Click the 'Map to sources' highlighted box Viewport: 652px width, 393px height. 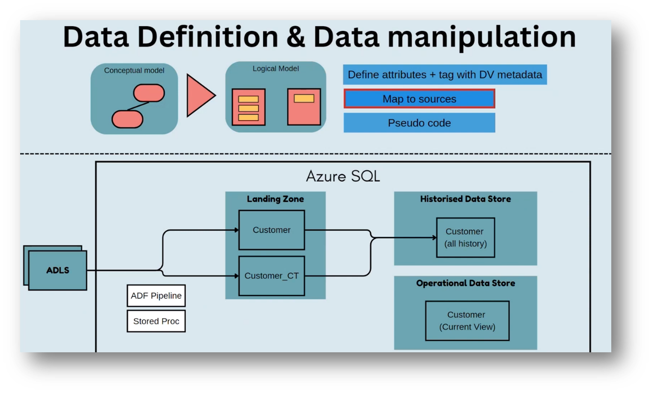point(419,99)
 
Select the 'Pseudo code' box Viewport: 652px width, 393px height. point(419,123)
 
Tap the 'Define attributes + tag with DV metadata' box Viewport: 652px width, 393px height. point(445,75)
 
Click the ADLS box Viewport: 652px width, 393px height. point(57,270)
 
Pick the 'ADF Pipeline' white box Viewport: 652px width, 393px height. point(156,296)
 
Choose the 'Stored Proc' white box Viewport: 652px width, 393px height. point(156,321)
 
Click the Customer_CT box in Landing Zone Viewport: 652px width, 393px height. point(271,276)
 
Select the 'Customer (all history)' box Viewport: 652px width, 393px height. point(466,237)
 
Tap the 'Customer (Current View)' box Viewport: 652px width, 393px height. point(467,321)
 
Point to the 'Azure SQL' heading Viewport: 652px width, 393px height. point(343,176)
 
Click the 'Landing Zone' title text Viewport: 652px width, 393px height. point(275,199)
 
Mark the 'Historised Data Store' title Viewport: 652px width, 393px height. point(466,199)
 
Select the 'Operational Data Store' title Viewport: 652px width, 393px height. point(466,283)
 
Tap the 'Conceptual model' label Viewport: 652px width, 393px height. point(134,70)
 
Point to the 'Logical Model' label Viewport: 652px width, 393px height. point(276,69)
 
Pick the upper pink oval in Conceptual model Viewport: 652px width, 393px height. point(149,93)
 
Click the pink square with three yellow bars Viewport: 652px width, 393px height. point(249,107)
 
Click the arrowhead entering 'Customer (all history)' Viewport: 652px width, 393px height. point(434,237)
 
